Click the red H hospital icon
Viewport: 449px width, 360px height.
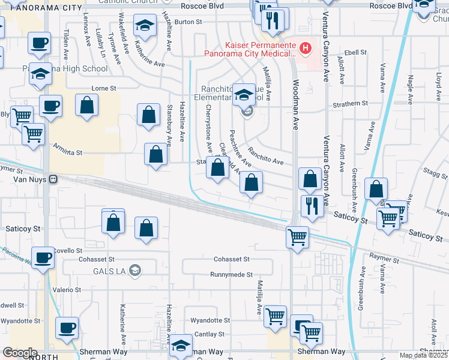click(306, 47)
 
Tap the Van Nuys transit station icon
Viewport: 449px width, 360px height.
click(53, 179)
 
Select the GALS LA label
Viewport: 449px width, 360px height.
click(107, 271)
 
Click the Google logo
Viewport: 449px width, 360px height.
click(20, 353)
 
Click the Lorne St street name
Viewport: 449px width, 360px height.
click(103, 88)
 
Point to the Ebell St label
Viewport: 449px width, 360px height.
click(355, 53)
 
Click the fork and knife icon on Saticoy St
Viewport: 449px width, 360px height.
click(312, 206)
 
